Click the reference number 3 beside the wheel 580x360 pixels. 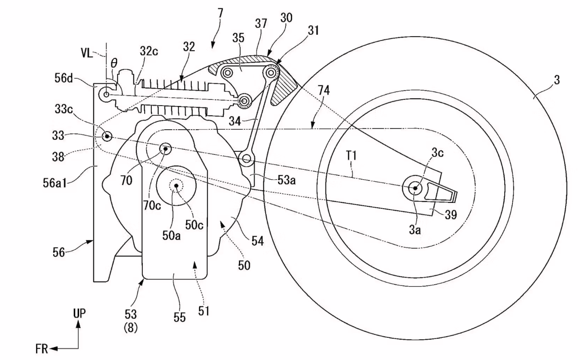tap(557, 80)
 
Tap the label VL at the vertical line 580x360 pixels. tap(87, 53)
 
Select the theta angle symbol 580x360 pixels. tap(114, 63)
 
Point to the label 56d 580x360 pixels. tap(64, 78)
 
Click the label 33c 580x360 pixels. tap(64, 109)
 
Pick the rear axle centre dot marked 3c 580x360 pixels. tap(415, 188)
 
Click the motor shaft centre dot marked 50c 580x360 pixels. tap(176, 186)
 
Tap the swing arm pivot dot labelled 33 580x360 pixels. tap(107, 136)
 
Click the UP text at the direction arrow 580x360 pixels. tap(79, 313)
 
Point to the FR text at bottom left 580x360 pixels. tap(41, 349)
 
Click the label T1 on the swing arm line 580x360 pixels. tap(351, 156)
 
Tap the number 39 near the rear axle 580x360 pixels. tap(451, 214)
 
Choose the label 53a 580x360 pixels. tap(286, 180)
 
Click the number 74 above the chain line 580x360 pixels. tap(324, 91)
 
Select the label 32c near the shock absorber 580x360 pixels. tap(149, 52)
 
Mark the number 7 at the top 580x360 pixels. tap(220, 13)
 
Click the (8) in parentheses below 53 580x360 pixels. tap(131, 328)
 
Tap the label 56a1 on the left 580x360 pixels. tap(54, 183)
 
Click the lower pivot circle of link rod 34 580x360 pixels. tap(246, 158)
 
